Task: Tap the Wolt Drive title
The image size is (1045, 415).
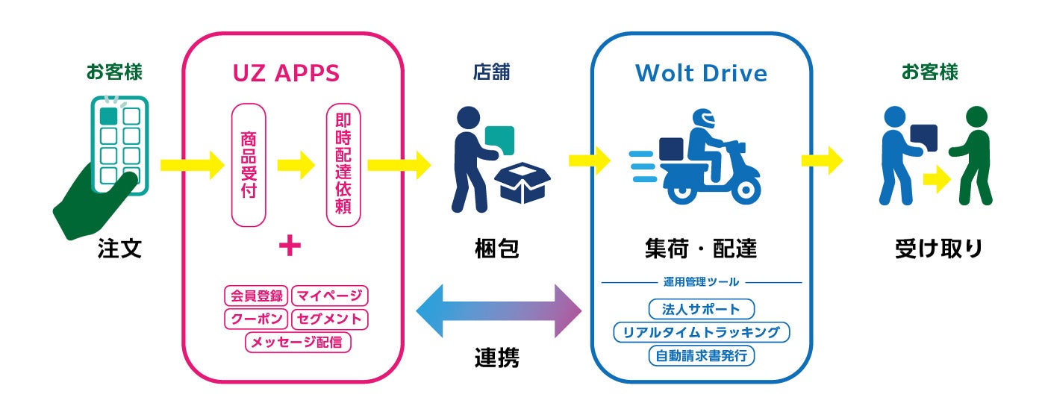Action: pos(701,73)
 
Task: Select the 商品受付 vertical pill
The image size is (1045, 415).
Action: pos(249,165)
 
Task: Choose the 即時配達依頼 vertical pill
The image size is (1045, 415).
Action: pos(343,165)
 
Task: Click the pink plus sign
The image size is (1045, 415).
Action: pos(289,246)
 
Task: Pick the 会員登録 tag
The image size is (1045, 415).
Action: pos(255,296)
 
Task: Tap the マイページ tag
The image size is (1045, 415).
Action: pos(329,296)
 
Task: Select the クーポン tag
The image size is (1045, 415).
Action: pos(255,319)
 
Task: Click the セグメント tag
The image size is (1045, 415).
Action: pos(329,319)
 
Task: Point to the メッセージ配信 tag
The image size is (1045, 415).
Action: pos(299,343)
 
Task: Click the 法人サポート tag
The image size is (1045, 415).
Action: pos(701,309)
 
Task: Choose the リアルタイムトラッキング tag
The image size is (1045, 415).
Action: pos(701,332)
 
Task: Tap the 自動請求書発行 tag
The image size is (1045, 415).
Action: pos(701,355)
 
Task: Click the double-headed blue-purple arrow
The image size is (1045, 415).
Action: pos(498,310)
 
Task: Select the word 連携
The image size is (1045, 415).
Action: pos(497,358)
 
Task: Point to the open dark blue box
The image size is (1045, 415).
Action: pos(525,184)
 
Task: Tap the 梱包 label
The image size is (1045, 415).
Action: pos(497,249)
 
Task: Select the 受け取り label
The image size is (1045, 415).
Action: pos(939,249)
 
